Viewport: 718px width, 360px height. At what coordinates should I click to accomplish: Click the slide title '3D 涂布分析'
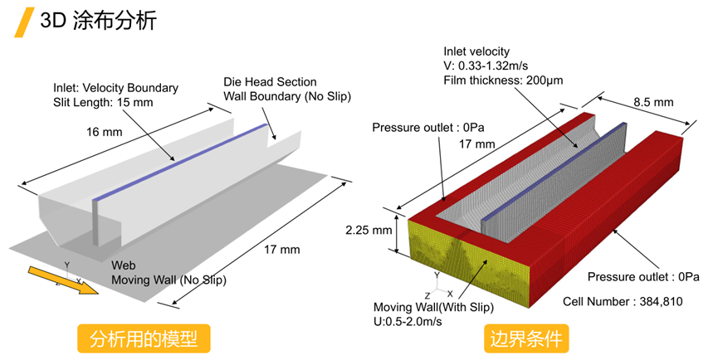coord(99,20)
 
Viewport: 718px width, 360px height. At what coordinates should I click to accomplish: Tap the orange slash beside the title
coord(24,22)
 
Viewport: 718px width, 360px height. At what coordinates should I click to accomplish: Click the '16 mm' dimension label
coord(105,132)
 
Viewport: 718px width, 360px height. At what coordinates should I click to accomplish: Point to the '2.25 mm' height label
coord(369,230)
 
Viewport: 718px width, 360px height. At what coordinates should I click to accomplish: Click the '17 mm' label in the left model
coord(282,250)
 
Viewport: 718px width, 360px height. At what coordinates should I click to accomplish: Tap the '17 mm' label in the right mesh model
coord(477,144)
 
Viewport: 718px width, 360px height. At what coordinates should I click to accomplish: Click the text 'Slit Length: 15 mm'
coord(103,103)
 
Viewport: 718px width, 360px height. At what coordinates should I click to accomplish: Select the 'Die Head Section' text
coord(270,82)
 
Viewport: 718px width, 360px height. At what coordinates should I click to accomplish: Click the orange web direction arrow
coord(63,280)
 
